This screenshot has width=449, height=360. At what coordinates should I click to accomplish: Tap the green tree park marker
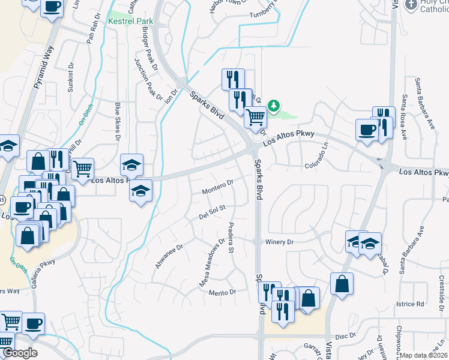(x=274, y=106)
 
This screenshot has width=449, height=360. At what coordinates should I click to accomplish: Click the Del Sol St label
(x=212, y=212)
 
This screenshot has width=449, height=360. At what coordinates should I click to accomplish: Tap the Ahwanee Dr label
(x=168, y=254)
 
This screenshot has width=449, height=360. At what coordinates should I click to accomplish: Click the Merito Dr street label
(x=223, y=292)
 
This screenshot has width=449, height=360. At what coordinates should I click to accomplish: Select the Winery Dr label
(x=279, y=242)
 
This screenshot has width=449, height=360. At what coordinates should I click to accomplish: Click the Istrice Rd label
(x=411, y=304)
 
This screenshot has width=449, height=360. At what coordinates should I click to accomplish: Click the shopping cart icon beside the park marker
(x=256, y=117)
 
